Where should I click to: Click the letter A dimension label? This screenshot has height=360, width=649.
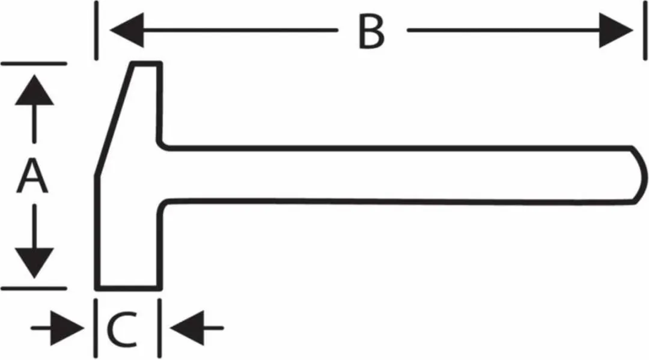coord(32,177)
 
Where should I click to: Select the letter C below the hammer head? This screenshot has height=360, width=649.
coord(122,329)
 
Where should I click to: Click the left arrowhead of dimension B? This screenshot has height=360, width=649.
coord(127,30)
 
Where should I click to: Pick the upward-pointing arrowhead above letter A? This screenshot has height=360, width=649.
coord(34,90)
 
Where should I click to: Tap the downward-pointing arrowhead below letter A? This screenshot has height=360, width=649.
coord(34,263)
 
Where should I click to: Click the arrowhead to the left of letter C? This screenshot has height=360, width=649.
coord(67,328)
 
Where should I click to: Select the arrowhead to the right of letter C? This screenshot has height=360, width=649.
coord(187,328)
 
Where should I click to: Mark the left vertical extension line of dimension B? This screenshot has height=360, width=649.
coord(96,30)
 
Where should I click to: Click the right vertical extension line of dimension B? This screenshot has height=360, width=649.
coord(645,30)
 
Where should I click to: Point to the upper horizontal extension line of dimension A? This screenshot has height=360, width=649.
coord(34,64)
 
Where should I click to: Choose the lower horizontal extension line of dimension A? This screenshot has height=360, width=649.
coord(34,288)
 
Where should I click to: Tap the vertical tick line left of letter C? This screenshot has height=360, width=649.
coord(96,328)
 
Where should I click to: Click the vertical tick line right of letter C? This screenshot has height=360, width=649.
coord(160,328)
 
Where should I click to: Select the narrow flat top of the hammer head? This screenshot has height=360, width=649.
coord(147,64)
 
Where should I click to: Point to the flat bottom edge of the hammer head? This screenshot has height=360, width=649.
coord(129,288)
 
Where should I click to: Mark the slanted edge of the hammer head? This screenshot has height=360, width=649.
coord(115,120)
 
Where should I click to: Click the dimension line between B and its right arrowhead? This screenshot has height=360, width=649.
coord(503,30)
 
